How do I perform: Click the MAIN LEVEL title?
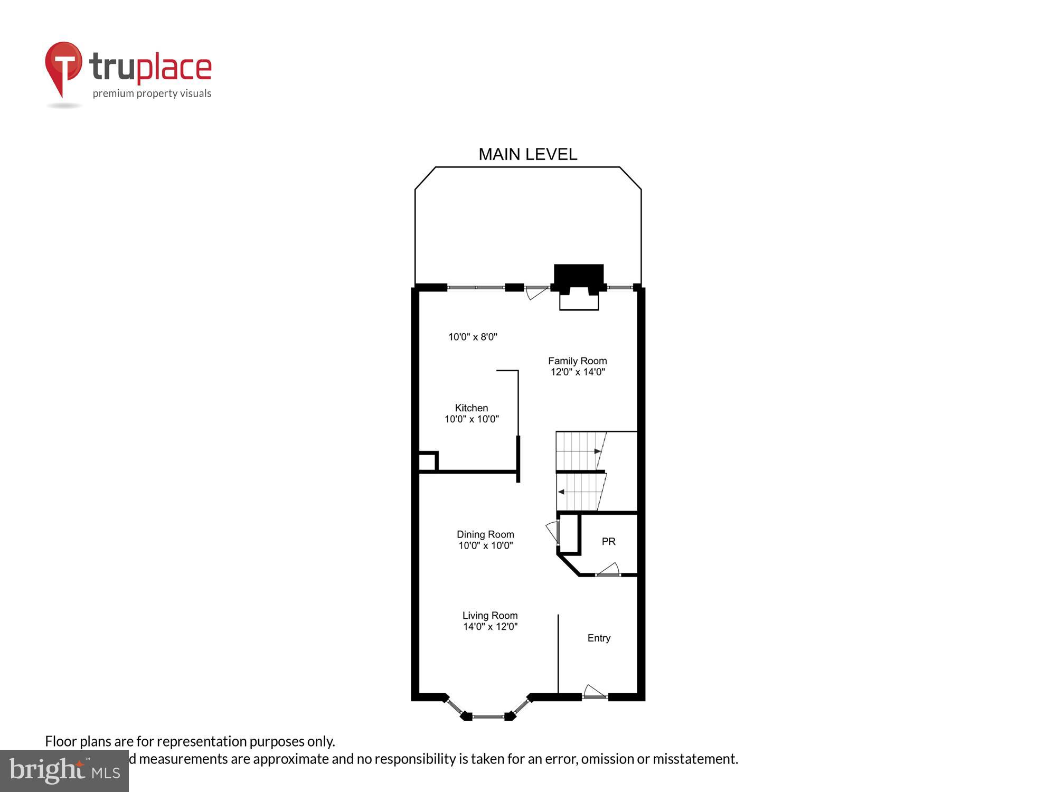tap(527, 154)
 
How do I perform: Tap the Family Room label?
tap(577, 361)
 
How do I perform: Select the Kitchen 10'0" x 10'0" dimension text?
tap(472, 419)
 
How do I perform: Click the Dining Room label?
tap(485, 534)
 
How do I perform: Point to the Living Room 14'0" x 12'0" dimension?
tap(490, 627)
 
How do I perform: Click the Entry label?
tap(599, 638)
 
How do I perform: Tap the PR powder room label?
tap(608, 541)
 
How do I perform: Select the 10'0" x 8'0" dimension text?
tap(473, 337)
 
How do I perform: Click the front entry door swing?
tap(594, 692)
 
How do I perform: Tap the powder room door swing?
tap(609, 570)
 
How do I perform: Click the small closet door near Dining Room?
tap(553, 531)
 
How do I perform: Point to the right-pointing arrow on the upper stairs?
tap(598, 451)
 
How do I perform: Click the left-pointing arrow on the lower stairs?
tap(561, 492)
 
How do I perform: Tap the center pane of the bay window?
tap(488, 716)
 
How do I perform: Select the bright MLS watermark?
tap(64, 771)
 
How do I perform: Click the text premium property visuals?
tap(152, 94)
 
